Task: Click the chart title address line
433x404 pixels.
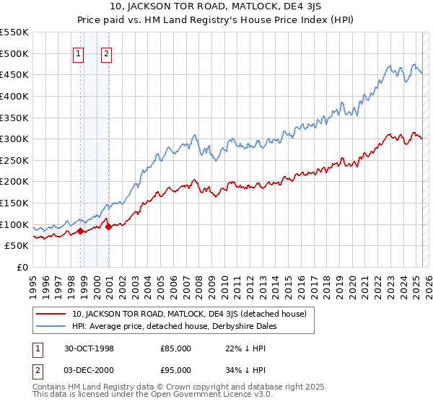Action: coord(216,8)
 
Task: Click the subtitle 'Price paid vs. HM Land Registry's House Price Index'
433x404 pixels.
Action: coord(216,21)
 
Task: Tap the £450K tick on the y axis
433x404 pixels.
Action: coord(14,74)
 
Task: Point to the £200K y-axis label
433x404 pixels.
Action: coord(14,182)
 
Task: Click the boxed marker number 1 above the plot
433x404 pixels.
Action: coord(78,53)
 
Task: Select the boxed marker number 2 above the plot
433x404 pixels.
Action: coord(106,53)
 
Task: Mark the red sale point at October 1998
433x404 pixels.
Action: coord(81,231)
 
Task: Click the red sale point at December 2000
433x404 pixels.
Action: coord(108,227)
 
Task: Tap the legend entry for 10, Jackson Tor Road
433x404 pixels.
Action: coord(189,314)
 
